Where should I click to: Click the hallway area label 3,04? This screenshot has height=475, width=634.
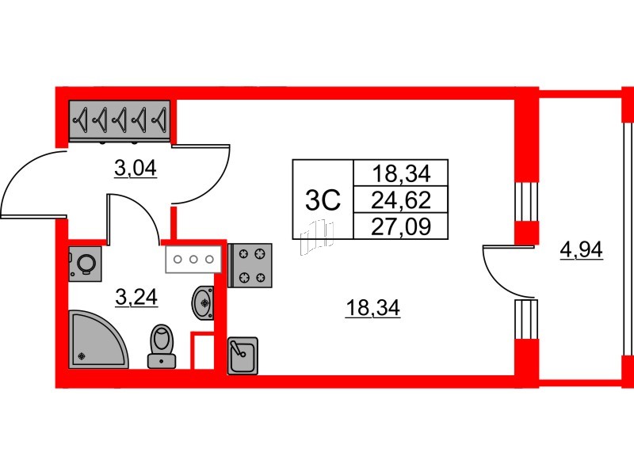pyautogui.click(x=135, y=169)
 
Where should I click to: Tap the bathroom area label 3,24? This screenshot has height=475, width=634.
pyautogui.click(x=136, y=298)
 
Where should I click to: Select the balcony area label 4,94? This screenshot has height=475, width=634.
pyautogui.click(x=581, y=250)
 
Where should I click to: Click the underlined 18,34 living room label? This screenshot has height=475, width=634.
pyautogui.click(x=372, y=309)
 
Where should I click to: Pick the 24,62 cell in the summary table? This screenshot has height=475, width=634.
pyautogui.click(x=401, y=200)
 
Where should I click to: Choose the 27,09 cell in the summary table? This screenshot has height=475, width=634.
pyautogui.click(x=401, y=226)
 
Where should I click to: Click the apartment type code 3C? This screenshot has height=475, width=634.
pyautogui.click(x=323, y=201)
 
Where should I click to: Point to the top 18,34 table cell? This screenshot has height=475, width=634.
pyautogui.click(x=401, y=174)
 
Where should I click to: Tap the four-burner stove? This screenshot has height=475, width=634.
pyautogui.click(x=250, y=265)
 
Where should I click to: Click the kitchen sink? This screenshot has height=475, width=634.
pyautogui.click(x=243, y=355)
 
